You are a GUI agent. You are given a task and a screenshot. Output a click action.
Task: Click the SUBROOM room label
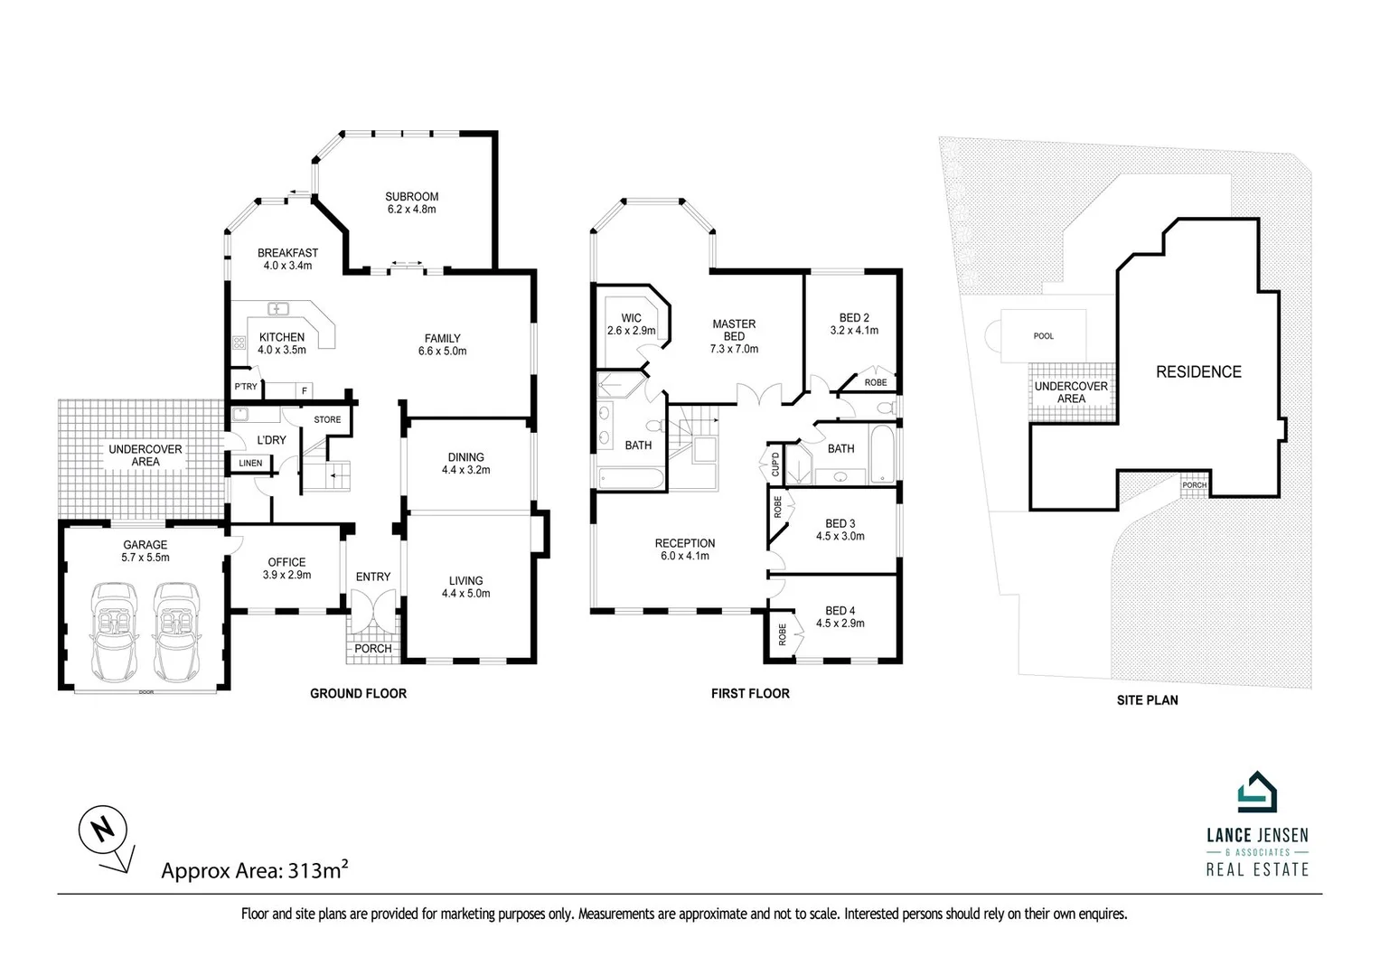(x=411, y=196)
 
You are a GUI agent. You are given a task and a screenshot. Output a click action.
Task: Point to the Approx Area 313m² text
(x=255, y=871)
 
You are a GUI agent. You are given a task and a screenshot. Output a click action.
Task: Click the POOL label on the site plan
(x=1043, y=336)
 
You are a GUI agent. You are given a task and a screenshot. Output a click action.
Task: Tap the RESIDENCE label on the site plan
(x=1198, y=371)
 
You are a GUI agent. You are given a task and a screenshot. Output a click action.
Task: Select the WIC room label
(x=631, y=318)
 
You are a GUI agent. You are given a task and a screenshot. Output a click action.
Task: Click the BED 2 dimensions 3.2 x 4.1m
(x=854, y=331)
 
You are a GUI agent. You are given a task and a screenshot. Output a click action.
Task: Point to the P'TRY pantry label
(x=246, y=387)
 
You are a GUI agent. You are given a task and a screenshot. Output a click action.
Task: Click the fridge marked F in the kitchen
(x=304, y=390)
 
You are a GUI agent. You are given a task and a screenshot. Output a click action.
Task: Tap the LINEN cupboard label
(x=250, y=464)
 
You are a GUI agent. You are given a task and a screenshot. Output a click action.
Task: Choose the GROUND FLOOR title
(x=358, y=694)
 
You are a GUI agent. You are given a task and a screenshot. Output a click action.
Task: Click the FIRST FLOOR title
(x=750, y=694)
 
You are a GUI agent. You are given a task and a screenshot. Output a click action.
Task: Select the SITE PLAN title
(x=1147, y=700)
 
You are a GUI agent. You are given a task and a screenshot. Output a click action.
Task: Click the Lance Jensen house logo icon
(x=1257, y=793)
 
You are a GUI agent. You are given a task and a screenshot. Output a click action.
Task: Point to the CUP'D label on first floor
(x=775, y=464)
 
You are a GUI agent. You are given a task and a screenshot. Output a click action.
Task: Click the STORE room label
(x=327, y=419)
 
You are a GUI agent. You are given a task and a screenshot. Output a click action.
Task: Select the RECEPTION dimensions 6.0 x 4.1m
(x=684, y=556)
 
